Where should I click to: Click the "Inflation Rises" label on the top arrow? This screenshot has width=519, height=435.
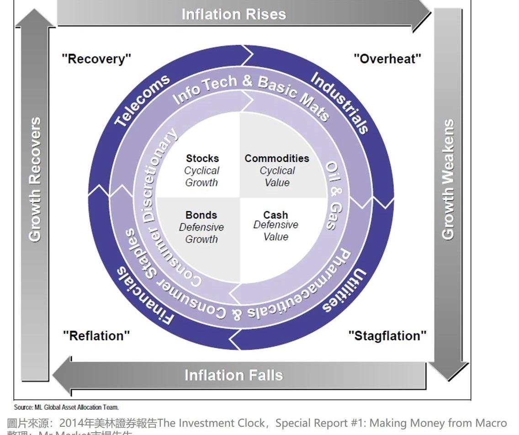point(233,14)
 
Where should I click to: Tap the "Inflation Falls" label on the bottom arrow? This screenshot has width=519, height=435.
point(233,376)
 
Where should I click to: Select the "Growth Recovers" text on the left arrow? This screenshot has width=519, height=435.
point(35,179)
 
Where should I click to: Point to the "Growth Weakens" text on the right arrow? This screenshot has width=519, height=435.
point(448,179)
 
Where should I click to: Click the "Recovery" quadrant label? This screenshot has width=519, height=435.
point(96,59)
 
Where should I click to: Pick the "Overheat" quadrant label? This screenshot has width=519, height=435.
point(387,59)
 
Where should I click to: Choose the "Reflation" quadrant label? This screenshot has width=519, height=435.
point(96,336)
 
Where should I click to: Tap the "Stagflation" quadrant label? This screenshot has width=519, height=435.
point(387,336)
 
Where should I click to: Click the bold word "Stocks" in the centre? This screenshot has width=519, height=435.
point(202,159)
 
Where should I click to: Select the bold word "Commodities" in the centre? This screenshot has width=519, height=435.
point(277,159)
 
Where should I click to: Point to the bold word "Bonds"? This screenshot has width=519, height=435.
point(201,215)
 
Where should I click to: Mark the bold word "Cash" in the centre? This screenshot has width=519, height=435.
point(275,215)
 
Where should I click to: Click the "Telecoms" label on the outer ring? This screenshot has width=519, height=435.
point(142,100)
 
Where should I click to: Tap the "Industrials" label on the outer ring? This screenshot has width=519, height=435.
point(340,103)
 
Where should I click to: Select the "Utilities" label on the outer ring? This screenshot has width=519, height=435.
point(344,291)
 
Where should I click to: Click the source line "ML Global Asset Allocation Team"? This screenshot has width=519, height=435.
point(67,407)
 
